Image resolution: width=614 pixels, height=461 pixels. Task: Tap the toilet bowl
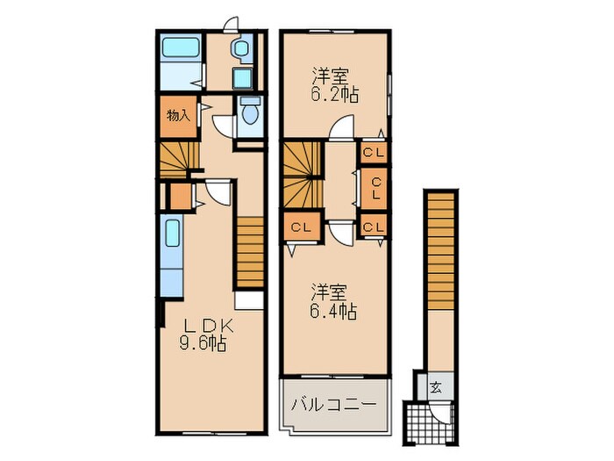pyautogui.click(x=249, y=113)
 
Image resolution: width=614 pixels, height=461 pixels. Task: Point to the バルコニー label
pyautogui.click(x=333, y=405)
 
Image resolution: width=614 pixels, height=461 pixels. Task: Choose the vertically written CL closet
pyautogui.click(x=374, y=186)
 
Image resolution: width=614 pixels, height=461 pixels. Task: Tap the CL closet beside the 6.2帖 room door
pyautogui.click(x=374, y=153)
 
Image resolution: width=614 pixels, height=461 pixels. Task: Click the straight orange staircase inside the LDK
pyautogui.click(x=249, y=252)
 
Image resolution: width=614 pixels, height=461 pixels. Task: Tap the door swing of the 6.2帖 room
pyautogui.click(x=339, y=132)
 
